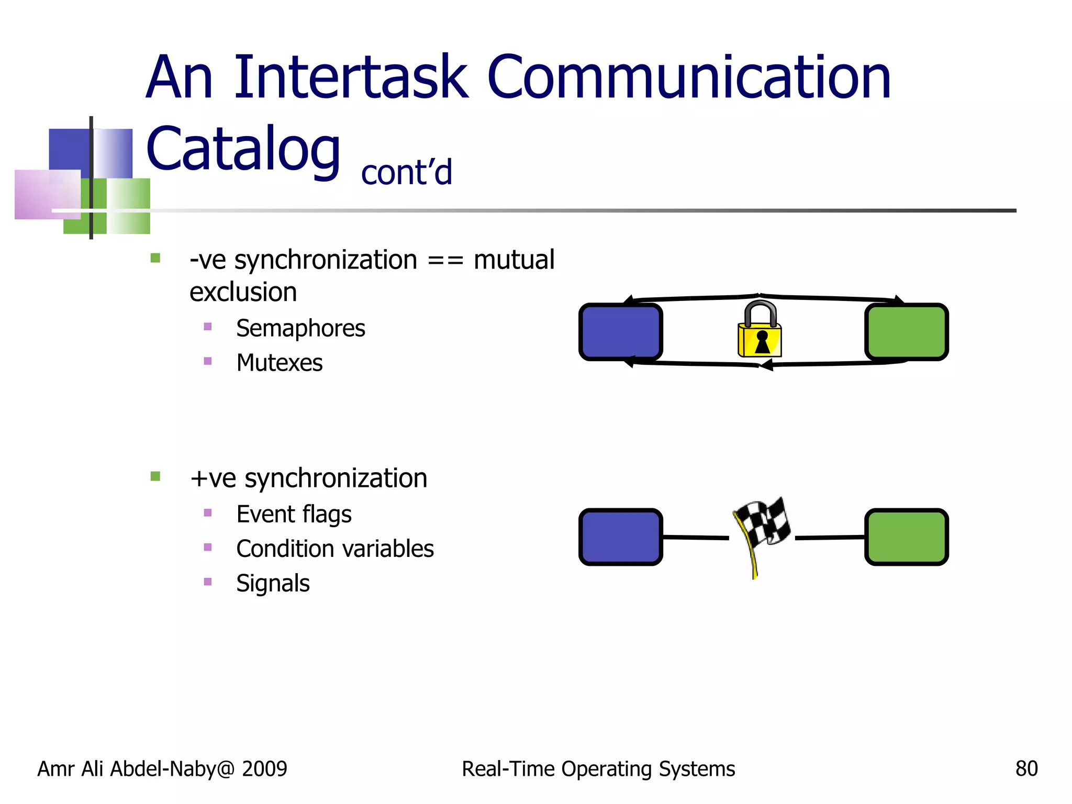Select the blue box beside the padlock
621,332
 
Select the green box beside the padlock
907,332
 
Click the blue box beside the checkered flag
621,537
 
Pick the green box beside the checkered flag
907,537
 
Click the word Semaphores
300,329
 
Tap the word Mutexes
280,363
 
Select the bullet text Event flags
294,515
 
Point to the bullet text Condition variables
335,549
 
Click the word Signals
273,583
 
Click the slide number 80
1026,769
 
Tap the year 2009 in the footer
264,769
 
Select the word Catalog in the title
243,150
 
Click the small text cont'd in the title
407,173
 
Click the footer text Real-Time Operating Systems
598,769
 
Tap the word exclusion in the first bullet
243,292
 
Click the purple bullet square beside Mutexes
208,361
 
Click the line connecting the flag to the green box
830,538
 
